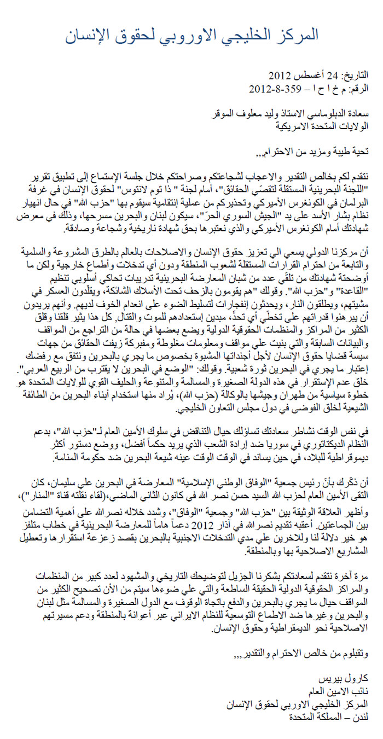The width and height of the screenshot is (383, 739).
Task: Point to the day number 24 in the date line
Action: coord(334,76)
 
